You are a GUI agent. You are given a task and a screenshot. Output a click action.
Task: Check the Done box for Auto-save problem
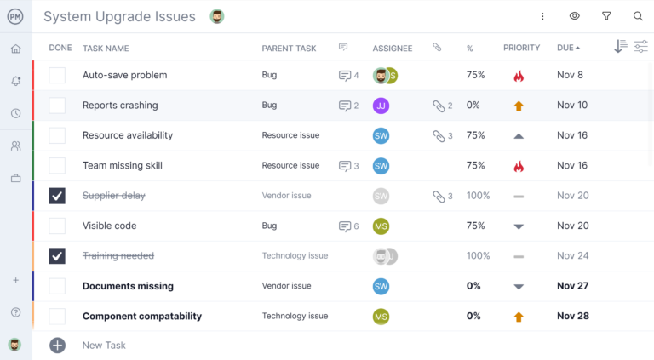tap(57, 76)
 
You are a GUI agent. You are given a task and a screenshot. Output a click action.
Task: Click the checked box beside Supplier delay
tap(57, 196)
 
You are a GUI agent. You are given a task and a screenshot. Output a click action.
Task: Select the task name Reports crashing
tap(120, 106)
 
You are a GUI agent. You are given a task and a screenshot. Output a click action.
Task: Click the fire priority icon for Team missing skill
tap(519, 166)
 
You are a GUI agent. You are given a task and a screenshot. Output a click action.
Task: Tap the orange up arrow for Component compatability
tap(519, 317)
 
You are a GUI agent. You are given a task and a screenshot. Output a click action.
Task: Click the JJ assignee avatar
tap(381, 106)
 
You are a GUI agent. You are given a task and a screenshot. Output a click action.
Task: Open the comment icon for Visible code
tap(345, 226)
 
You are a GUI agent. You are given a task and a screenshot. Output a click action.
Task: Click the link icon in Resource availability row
tap(439, 136)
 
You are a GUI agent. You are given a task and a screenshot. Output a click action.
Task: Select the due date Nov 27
tap(572, 286)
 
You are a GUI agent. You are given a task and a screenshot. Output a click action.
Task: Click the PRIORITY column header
tap(521, 49)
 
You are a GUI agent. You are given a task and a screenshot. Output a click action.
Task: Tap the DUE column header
tap(565, 49)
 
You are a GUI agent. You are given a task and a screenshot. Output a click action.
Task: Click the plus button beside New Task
tap(57, 346)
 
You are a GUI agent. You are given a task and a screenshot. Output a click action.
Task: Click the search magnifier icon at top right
tap(638, 16)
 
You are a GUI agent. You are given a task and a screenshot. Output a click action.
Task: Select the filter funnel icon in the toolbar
tap(606, 16)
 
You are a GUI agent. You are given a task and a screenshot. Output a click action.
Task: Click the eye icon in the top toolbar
tap(575, 16)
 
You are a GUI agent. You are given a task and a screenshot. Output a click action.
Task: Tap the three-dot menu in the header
tap(542, 16)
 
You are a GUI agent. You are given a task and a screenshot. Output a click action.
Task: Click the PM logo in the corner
tap(15, 16)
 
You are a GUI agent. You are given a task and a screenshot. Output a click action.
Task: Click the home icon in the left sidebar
tap(15, 49)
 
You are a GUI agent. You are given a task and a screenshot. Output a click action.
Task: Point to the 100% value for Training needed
tap(478, 256)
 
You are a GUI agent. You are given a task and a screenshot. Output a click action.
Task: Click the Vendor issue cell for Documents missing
tap(286, 286)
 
